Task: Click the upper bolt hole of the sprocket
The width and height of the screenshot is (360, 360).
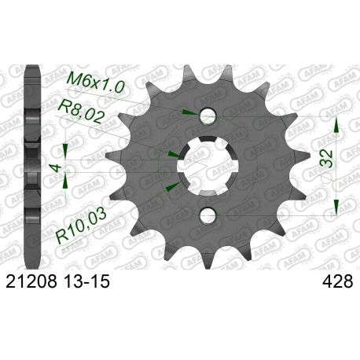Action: tap(208, 116)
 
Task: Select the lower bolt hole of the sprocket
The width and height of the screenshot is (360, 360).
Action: tap(208, 214)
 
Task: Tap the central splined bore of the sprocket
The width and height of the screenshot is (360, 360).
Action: tap(208, 165)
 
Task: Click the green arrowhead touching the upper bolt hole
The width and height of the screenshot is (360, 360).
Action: tap(187, 113)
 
